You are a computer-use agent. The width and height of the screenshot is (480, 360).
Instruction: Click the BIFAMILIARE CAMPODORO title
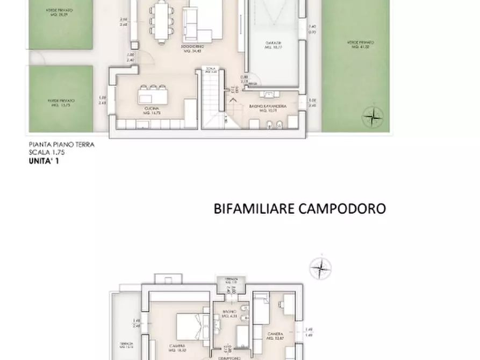click(x=299, y=208)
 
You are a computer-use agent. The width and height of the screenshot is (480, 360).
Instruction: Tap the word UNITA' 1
click(x=44, y=160)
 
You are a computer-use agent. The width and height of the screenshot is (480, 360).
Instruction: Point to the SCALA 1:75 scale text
click(x=46, y=152)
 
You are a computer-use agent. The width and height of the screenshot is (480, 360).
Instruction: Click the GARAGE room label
click(x=274, y=45)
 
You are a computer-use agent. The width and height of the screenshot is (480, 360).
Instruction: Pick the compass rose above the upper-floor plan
click(x=321, y=268)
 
